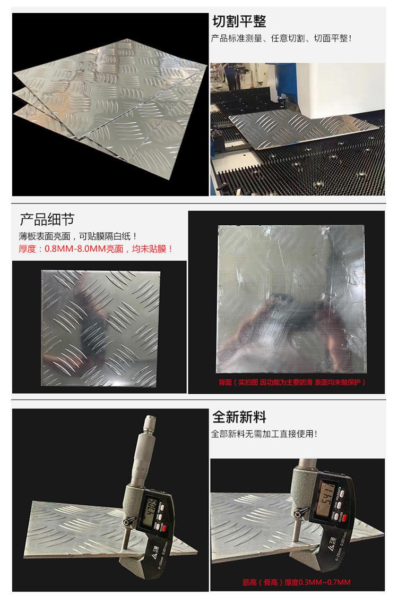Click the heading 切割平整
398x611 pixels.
(x=239, y=21)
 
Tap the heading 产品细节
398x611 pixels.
(x=47, y=219)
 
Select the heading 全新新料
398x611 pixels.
(x=239, y=417)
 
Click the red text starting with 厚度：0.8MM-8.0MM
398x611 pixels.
(x=96, y=249)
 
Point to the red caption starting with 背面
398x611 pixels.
(x=292, y=382)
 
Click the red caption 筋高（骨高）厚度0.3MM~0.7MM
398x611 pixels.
(x=297, y=582)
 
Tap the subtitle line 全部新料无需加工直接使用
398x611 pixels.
(x=264, y=434)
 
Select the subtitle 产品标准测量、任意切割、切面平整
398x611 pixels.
(x=281, y=38)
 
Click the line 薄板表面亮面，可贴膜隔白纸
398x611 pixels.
(x=78, y=236)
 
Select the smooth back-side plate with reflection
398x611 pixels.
(x=291, y=299)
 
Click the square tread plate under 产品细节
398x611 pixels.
(x=100, y=328)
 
